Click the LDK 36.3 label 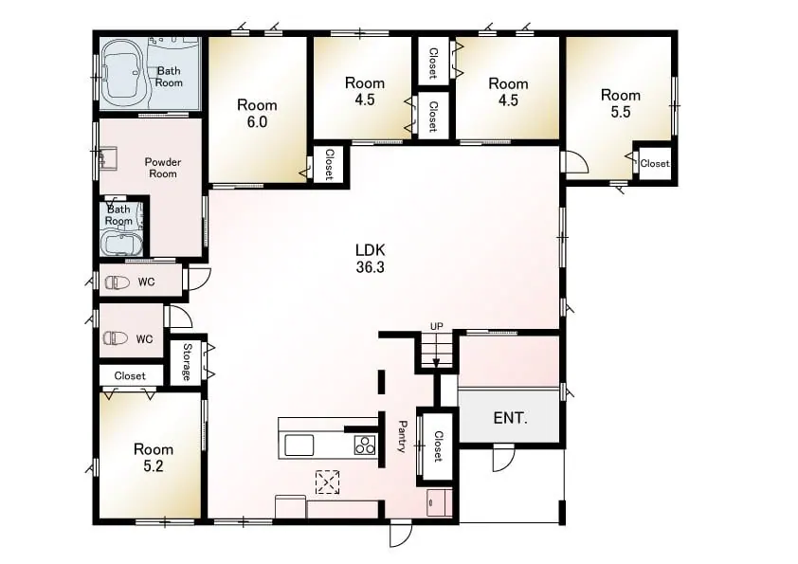370,258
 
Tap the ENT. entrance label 511,418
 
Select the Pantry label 402,436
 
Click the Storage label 187,362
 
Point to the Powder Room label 163,168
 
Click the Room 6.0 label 257,113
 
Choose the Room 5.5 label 621,102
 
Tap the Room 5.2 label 154,457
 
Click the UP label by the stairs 437,326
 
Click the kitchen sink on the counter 299,445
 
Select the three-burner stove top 365,445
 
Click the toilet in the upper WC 118,282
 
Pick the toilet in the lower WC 116,338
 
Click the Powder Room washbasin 107,157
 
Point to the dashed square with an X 328,482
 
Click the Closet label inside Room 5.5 655,163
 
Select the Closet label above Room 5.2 130,375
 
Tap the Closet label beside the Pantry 438,446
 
